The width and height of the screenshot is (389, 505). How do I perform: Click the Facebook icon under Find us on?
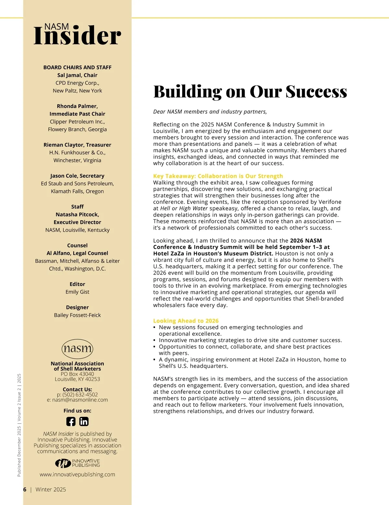point(71,421)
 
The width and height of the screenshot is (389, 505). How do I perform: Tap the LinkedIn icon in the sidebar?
point(84,421)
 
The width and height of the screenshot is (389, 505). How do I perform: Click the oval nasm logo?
point(77,349)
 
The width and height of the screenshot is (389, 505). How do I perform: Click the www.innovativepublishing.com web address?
point(77,475)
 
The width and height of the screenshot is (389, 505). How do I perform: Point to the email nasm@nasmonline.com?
point(80,400)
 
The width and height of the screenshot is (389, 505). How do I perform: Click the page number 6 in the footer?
point(25,489)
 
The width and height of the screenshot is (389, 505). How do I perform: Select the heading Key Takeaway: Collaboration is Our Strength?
point(218,176)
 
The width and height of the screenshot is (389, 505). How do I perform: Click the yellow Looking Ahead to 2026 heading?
point(186,321)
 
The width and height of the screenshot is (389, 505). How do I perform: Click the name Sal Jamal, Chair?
point(77,75)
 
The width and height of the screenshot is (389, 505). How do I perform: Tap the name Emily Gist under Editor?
point(77,292)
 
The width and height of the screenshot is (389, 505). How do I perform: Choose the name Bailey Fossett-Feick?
point(77,315)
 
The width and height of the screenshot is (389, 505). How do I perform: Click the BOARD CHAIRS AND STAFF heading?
point(77,67)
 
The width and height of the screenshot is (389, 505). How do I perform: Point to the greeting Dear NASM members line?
point(210,112)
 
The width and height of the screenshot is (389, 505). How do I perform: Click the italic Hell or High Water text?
point(184,208)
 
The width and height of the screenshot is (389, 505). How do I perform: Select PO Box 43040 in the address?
point(77,374)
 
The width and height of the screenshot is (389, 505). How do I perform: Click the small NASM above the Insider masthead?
point(56,27)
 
